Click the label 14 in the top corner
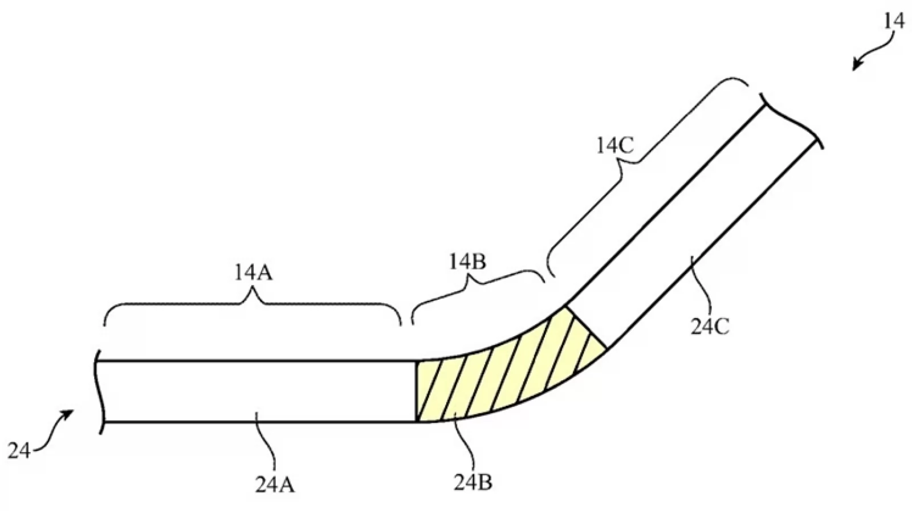click(894, 22)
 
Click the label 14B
click(467, 262)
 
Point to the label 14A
click(253, 273)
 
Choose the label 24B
click(473, 482)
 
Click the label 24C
click(709, 327)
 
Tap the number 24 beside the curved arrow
click(19, 451)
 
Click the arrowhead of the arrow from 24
click(68, 415)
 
